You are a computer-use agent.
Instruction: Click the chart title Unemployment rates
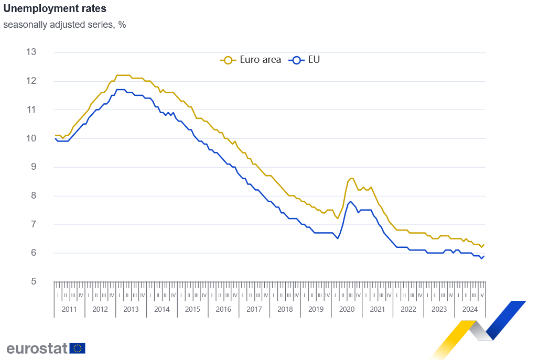[x=55, y=9]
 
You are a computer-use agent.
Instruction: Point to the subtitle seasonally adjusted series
[x=64, y=25]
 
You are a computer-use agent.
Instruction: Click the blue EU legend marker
[x=296, y=60]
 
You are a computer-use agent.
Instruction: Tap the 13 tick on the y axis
[x=31, y=52]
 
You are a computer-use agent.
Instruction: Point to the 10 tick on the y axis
[x=31, y=138]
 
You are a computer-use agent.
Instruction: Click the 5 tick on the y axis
[x=33, y=281]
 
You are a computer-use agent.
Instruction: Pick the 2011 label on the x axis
[x=69, y=309]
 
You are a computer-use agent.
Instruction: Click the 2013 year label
[x=131, y=309]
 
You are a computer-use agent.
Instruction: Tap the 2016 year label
[x=223, y=309]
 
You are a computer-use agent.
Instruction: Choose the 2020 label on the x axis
[x=347, y=309]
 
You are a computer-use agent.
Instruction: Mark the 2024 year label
[x=470, y=309]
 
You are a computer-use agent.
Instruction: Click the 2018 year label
[x=285, y=309]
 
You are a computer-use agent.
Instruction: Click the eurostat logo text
[x=37, y=348]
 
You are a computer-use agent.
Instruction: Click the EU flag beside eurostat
[x=78, y=348]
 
